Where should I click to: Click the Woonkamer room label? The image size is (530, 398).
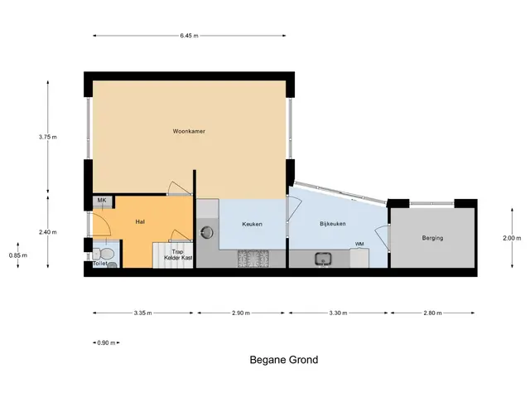(189, 131)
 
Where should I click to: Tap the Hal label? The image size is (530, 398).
(140, 221)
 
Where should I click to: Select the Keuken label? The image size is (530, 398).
(252, 224)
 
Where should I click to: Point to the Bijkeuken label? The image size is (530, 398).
(333, 224)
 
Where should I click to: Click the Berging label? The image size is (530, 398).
(432, 238)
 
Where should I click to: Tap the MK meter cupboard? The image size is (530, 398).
(103, 202)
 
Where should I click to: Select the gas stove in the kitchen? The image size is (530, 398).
(253, 259)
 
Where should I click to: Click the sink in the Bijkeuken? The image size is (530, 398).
(323, 260)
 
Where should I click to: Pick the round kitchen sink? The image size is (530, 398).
(207, 232)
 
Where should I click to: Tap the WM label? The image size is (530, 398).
(359, 244)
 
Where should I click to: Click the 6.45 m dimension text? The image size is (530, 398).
(190, 36)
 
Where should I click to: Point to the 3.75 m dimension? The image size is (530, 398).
(48, 137)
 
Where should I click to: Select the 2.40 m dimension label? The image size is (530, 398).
(48, 232)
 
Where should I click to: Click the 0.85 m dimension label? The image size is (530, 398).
(18, 255)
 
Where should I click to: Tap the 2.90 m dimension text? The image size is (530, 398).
(241, 313)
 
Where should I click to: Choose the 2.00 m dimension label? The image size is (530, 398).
(512, 238)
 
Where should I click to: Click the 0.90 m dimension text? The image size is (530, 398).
(106, 342)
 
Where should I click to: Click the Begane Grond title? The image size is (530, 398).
(284, 359)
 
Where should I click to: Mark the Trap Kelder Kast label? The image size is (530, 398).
(178, 255)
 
